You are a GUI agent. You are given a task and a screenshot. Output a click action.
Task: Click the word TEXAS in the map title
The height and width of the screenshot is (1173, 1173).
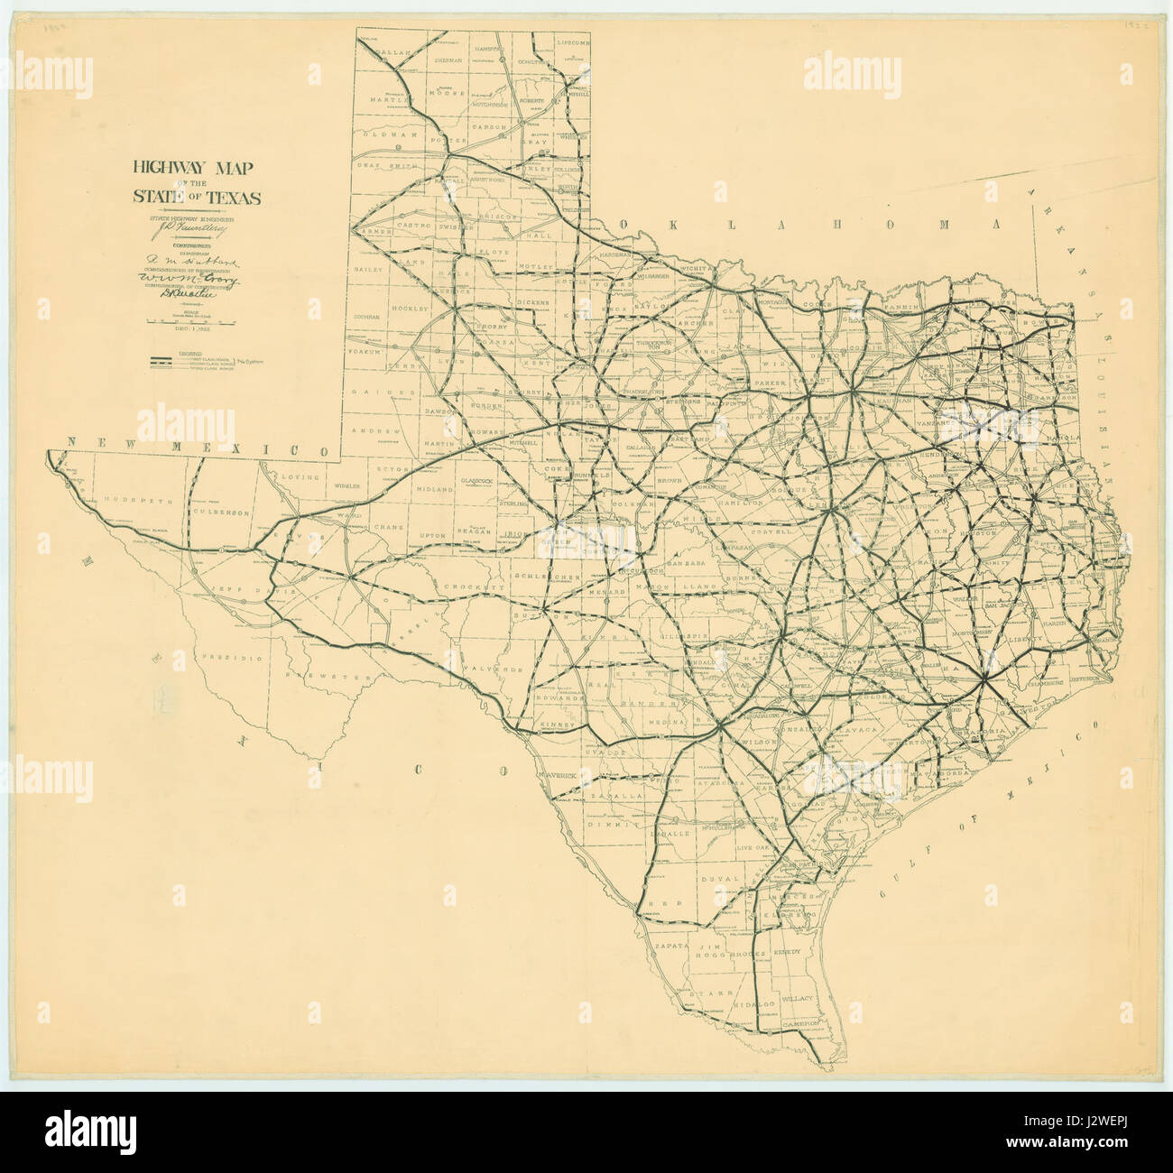(x=229, y=198)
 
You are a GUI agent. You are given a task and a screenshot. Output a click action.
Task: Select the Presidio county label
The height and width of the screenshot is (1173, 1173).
(x=236, y=658)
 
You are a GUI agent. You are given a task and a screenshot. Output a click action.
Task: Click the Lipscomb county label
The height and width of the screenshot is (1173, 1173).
(x=572, y=42)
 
